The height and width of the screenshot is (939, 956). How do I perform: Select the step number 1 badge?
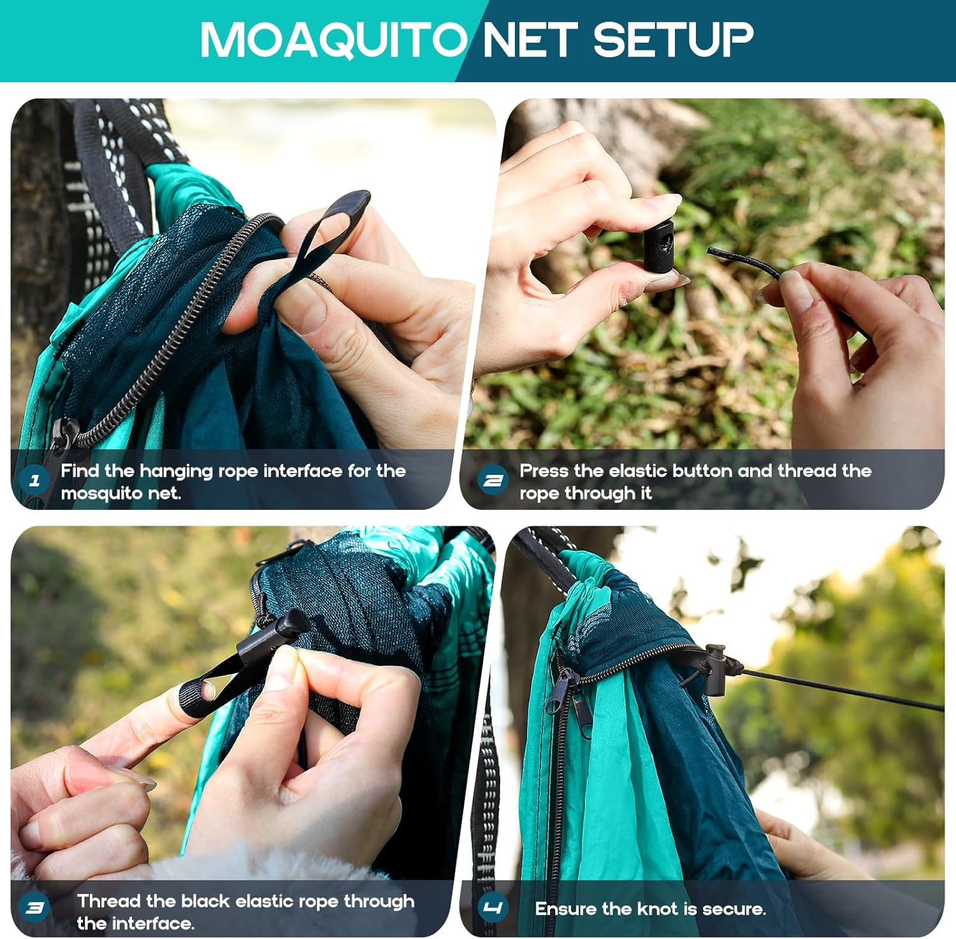tap(35, 481)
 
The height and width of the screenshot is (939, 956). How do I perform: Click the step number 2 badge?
tap(493, 481)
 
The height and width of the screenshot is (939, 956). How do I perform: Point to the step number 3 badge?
tap(35, 908)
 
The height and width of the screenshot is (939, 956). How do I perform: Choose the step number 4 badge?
tap(493, 908)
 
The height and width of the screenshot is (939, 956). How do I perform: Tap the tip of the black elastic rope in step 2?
tap(710, 251)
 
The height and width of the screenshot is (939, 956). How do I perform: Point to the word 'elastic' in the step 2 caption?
tap(638, 471)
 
